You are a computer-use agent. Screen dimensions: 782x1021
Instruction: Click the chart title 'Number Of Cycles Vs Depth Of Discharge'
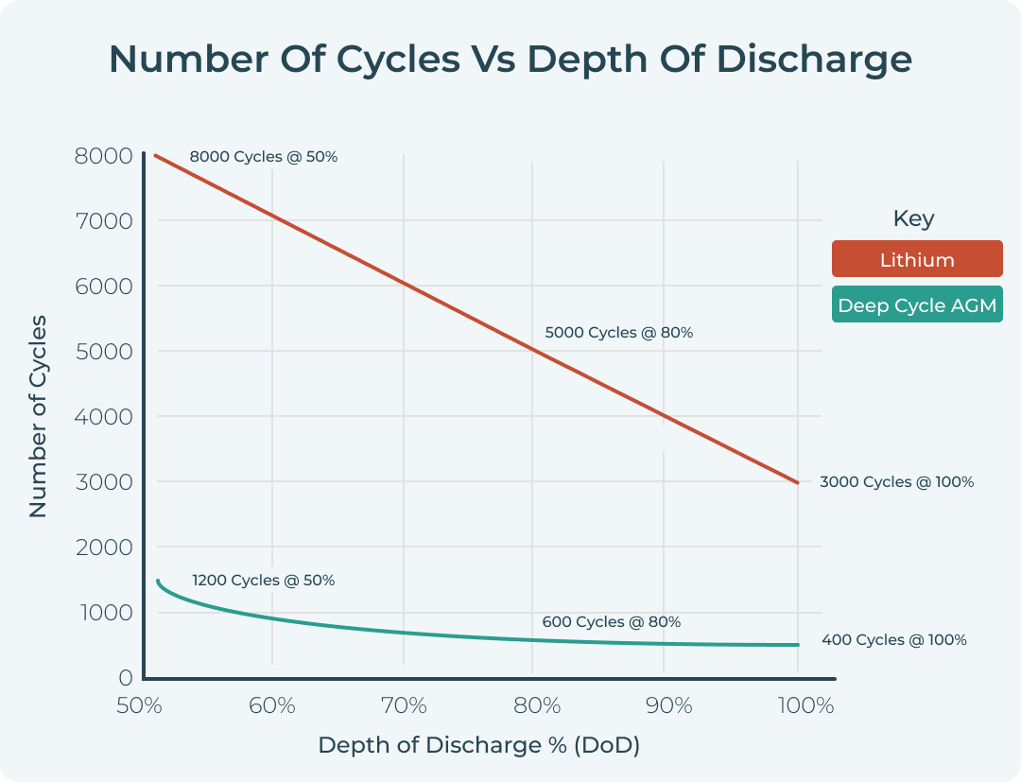coord(510,60)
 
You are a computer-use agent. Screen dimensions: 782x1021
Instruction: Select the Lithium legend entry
coord(916,259)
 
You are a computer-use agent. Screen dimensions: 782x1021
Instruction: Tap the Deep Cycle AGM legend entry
coord(916,304)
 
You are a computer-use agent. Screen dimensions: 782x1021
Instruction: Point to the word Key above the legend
coord(913,218)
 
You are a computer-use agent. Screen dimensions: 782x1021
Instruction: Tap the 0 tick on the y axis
coord(125,678)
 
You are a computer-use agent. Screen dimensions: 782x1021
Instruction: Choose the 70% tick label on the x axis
coord(404,705)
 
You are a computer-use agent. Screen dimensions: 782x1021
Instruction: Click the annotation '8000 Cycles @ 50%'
coord(263,157)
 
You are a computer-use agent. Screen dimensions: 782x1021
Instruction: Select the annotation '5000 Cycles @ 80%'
coord(618,333)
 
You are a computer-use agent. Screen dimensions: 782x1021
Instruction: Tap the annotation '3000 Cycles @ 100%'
coord(896,482)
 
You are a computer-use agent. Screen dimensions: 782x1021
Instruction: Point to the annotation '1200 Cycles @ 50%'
coord(263,581)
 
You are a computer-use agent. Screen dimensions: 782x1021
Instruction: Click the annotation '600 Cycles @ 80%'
coord(611,622)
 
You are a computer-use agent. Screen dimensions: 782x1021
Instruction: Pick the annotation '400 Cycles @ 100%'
coord(893,640)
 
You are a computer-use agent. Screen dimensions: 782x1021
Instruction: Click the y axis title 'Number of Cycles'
coord(38,417)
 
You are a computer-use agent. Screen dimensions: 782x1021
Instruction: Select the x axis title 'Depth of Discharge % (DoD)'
coord(478,745)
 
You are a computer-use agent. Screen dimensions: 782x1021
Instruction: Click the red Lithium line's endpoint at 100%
coord(798,482)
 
